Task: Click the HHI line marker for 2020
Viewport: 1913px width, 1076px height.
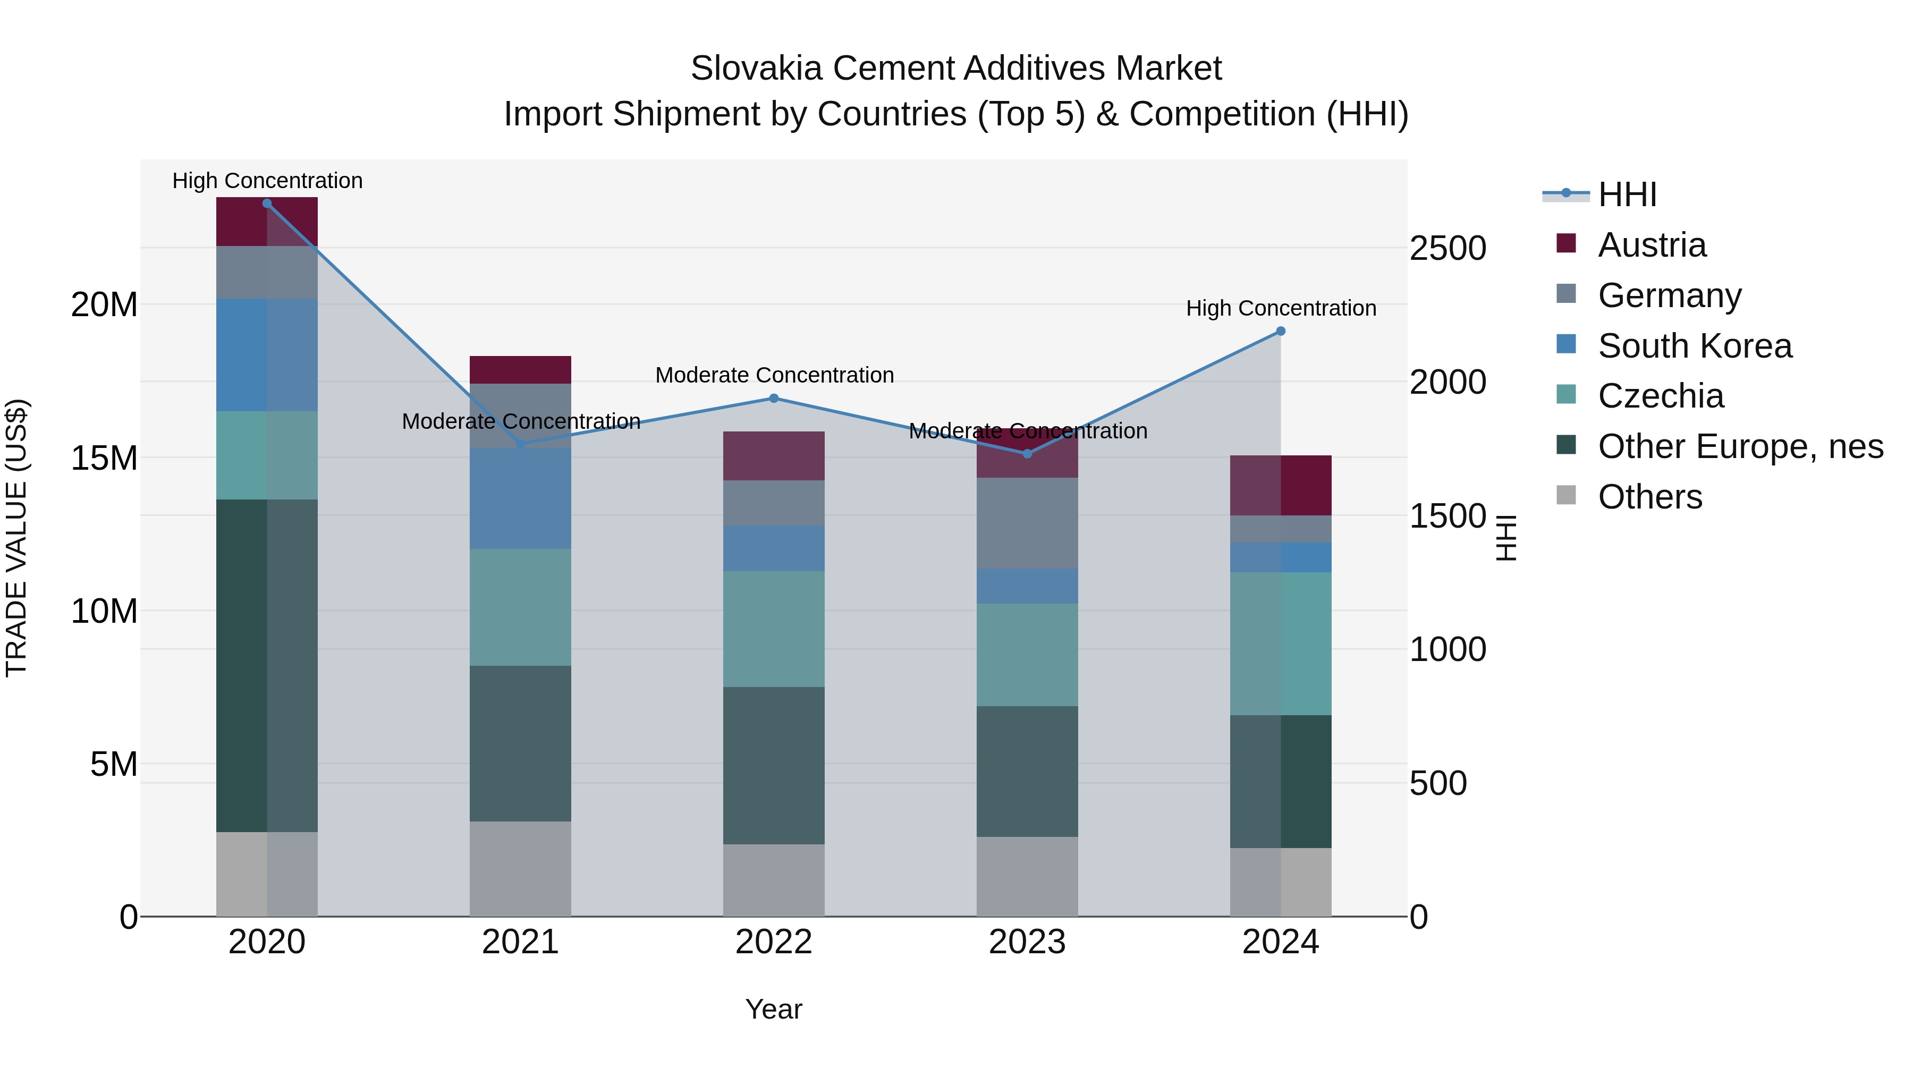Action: click(x=267, y=204)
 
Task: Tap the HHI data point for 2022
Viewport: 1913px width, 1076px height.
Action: click(x=774, y=399)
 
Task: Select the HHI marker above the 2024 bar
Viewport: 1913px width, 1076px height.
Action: click(x=1280, y=331)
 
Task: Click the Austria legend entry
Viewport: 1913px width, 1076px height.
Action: click(x=1652, y=245)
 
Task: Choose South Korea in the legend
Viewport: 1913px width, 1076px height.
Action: click(x=1694, y=346)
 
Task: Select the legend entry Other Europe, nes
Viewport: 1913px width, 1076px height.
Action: click(x=1739, y=446)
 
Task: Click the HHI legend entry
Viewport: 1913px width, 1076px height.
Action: click(x=1627, y=194)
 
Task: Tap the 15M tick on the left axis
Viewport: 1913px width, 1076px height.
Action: click(x=104, y=458)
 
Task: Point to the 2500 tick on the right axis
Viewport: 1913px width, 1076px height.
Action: click(x=1448, y=248)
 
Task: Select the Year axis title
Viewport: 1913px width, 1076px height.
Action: click(x=773, y=1009)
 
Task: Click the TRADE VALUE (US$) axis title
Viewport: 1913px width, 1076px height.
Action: click(x=17, y=538)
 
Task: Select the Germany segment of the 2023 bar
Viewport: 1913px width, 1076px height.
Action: click(x=1027, y=523)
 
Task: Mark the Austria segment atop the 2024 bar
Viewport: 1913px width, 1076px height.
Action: click(x=1280, y=485)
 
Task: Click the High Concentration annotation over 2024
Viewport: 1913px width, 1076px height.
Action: click(x=1280, y=308)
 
